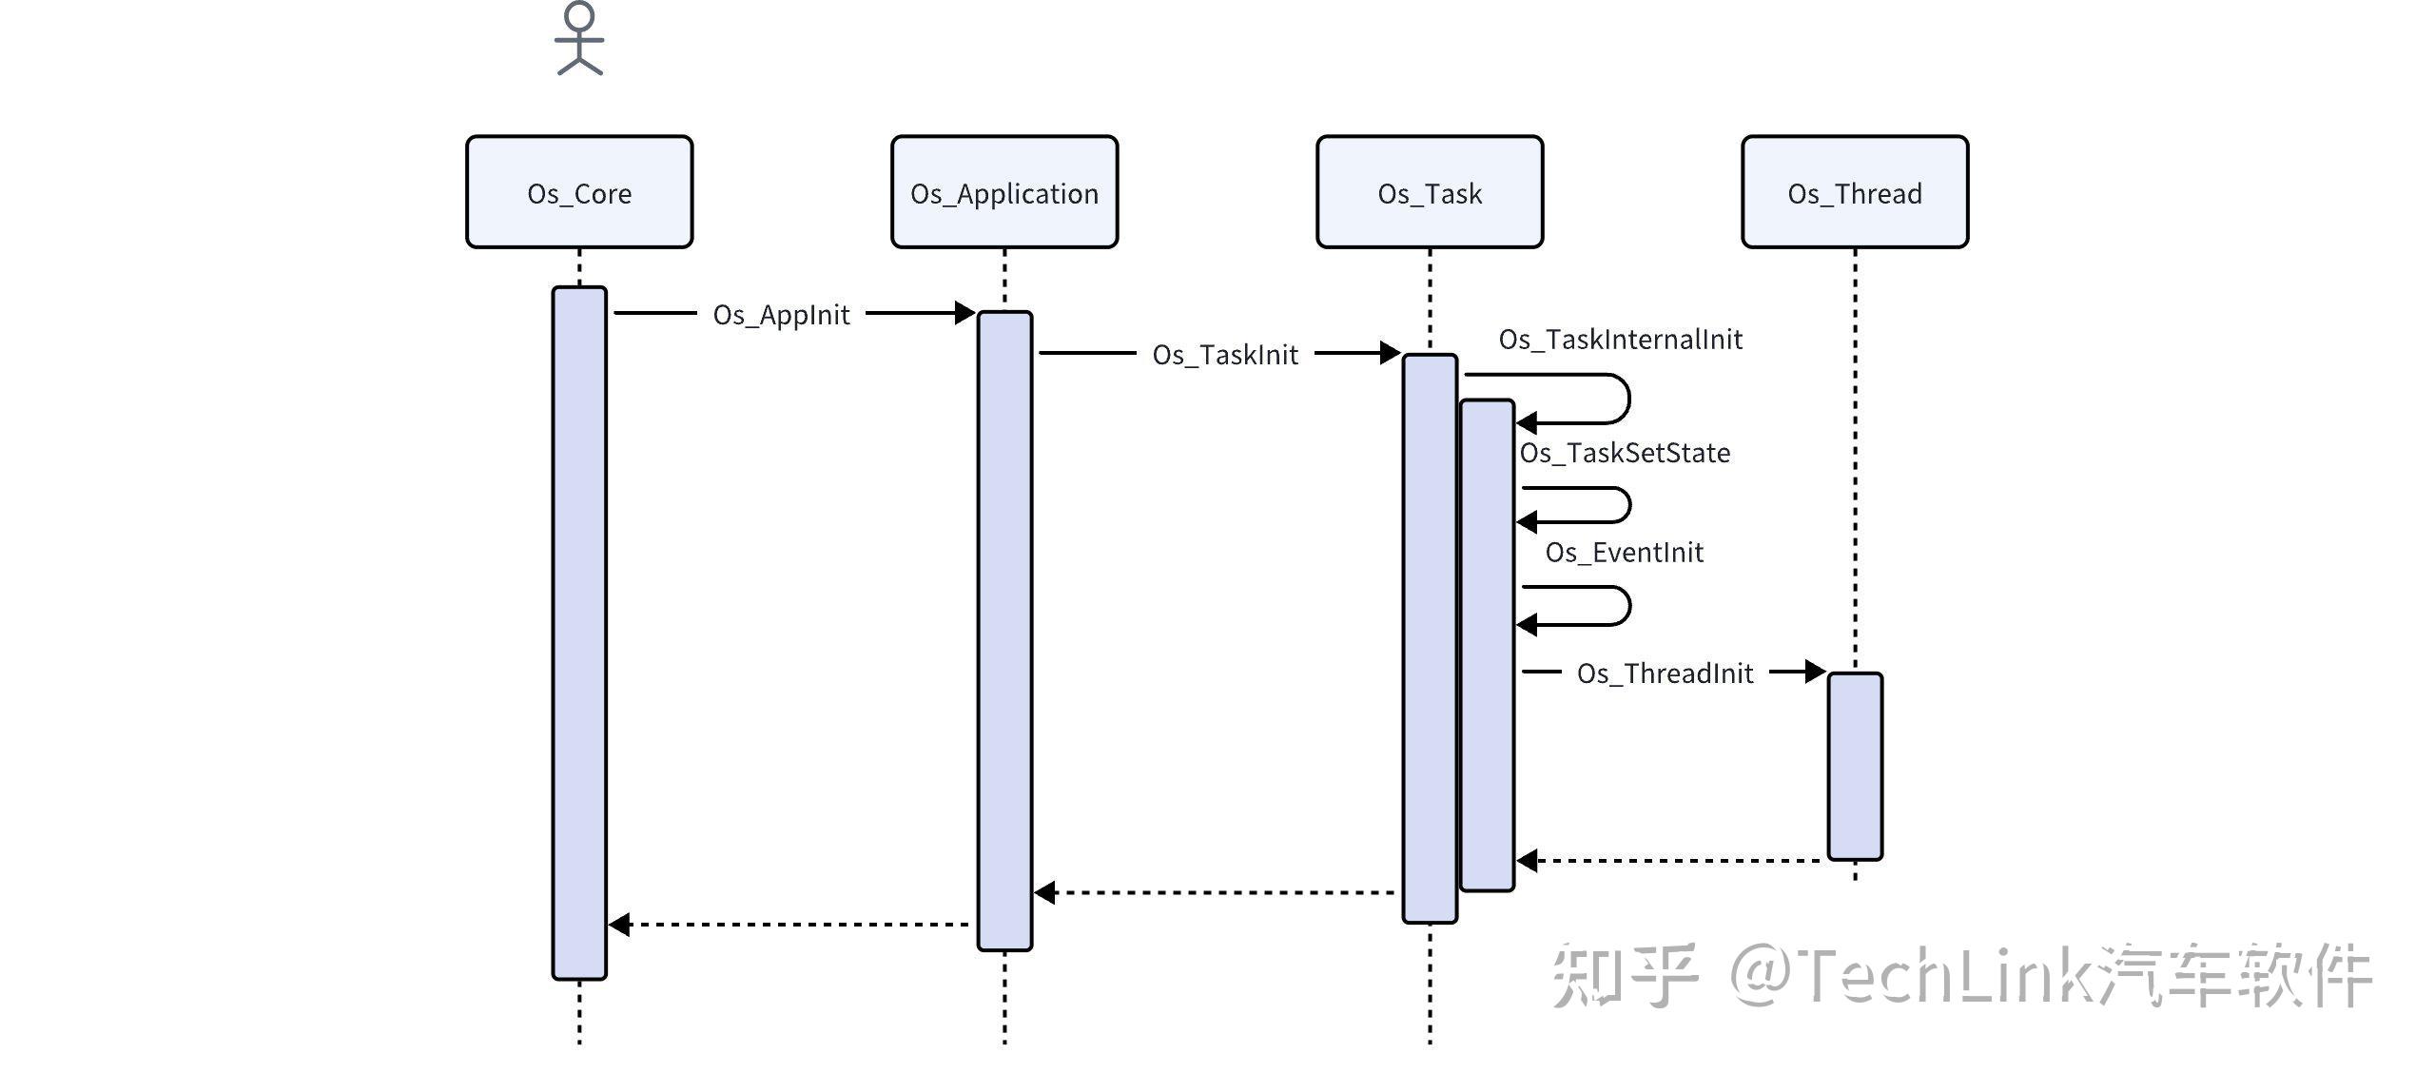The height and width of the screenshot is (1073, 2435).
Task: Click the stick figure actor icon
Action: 579,39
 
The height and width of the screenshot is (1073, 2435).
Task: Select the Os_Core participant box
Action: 579,192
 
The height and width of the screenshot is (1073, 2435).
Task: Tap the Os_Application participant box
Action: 1004,192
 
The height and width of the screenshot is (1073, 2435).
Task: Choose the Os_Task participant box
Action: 1430,192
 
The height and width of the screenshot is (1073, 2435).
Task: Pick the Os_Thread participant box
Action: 1855,192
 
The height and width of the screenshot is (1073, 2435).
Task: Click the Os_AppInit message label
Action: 781,315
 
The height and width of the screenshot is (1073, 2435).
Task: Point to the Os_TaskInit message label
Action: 1225,355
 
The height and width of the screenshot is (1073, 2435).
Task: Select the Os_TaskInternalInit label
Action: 1620,340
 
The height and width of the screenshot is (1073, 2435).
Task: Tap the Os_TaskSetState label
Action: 1625,453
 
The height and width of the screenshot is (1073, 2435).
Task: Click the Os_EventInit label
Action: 1624,553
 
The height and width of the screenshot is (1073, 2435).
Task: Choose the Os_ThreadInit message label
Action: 1665,673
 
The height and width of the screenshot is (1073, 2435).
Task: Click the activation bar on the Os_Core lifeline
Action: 579,633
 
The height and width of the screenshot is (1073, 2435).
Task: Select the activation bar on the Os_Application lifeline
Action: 1004,630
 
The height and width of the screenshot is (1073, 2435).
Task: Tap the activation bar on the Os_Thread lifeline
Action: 1855,766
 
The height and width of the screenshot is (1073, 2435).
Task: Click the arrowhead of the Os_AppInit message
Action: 964,313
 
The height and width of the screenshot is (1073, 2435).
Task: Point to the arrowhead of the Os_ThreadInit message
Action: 1815,672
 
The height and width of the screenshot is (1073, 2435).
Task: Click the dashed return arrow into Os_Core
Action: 789,924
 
